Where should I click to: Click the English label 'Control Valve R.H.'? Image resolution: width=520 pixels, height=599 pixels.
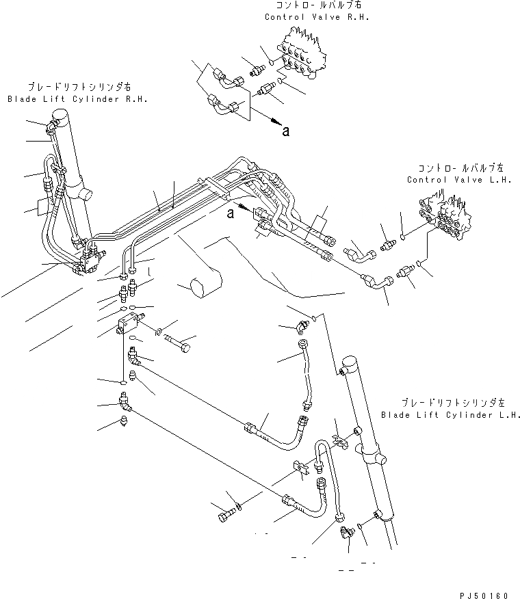(316, 17)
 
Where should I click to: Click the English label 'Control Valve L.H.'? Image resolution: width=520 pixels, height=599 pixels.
(455, 180)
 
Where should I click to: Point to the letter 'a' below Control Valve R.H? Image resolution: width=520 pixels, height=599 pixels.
(285, 132)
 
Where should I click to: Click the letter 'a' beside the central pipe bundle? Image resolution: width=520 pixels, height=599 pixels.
(230, 214)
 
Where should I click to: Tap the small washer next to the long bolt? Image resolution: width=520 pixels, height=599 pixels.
(159, 333)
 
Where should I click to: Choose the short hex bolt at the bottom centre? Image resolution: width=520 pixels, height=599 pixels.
(225, 517)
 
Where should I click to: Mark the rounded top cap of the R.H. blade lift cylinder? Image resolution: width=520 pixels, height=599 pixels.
(63, 118)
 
